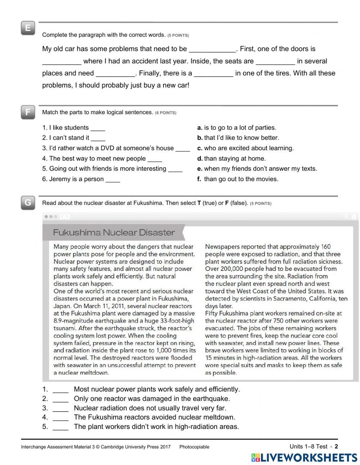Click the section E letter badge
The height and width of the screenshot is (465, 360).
pyautogui.click(x=28, y=28)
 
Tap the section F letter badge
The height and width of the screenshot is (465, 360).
pyautogui.click(x=28, y=112)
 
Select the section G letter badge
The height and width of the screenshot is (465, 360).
pyautogui.click(x=28, y=203)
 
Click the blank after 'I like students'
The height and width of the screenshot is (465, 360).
pyautogui.click(x=98, y=128)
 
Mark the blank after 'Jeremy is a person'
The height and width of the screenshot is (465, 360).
pyautogui.click(x=113, y=180)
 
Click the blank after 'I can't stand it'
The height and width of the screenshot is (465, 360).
pyautogui.click(x=98, y=138)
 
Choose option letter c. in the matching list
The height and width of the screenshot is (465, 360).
pyautogui.click(x=200, y=148)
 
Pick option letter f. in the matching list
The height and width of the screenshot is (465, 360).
pyautogui.click(x=199, y=179)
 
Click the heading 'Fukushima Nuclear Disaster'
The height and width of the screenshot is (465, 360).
pyautogui.click(x=114, y=232)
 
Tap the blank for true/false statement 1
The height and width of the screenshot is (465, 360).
pyautogui.click(x=60, y=390)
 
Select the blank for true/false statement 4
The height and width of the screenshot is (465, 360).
pyautogui.click(x=60, y=418)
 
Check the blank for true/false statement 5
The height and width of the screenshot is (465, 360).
pyautogui.click(x=60, y=427)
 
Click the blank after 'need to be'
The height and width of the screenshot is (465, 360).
pyautogui.click(x=212, y=49)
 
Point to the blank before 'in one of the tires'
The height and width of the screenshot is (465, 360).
pyautogui.click(x=213, y=74)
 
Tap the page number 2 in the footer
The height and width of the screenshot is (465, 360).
pyautogui.click(x=336, y=447)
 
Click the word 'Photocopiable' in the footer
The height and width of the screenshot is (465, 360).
pyautogui.click(x=194, y=447)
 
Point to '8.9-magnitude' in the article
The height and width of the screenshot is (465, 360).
pyautogui.click(x=73, y=321)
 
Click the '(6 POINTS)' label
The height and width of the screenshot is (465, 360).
pyautogui.click(x=166, y=113)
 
